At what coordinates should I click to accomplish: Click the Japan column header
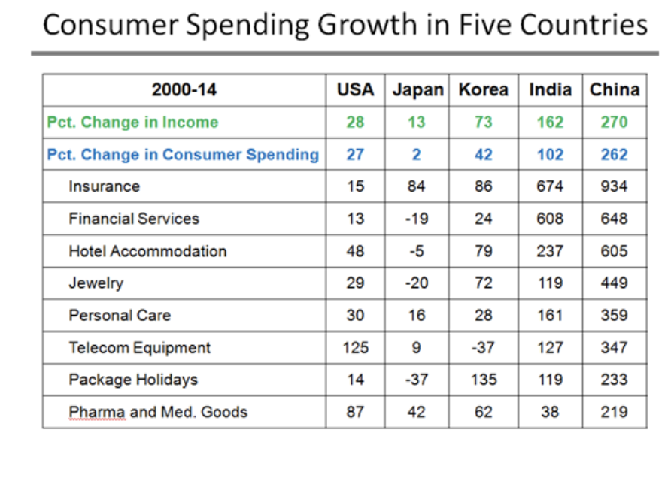pos(417,90)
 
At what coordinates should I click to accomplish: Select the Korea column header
pos(484,90)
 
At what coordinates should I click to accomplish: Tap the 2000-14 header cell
pos(184,90)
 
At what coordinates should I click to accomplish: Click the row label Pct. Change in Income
pos(132,123)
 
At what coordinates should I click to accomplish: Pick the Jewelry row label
pos(96,283)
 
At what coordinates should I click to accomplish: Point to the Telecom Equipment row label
pos(140,348)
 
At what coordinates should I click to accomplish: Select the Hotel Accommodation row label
pos(147,251)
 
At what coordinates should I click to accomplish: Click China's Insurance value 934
pos(614,186)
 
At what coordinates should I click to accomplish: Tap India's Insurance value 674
pos(550,186)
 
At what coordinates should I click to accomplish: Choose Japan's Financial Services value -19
pos(417,219)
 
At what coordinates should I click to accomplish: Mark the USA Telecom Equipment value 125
pos(355,348)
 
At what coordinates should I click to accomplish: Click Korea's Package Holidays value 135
pos(483,380)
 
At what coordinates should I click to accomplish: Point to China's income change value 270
pos(614,123)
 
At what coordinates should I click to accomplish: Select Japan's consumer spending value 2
pos(417,155)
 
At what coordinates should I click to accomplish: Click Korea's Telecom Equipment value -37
pos(483,348)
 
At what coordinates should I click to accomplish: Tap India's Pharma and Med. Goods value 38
pos(550,412)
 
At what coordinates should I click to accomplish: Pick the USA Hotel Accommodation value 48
pos(355,251)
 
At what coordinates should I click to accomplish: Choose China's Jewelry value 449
pos(614,283)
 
